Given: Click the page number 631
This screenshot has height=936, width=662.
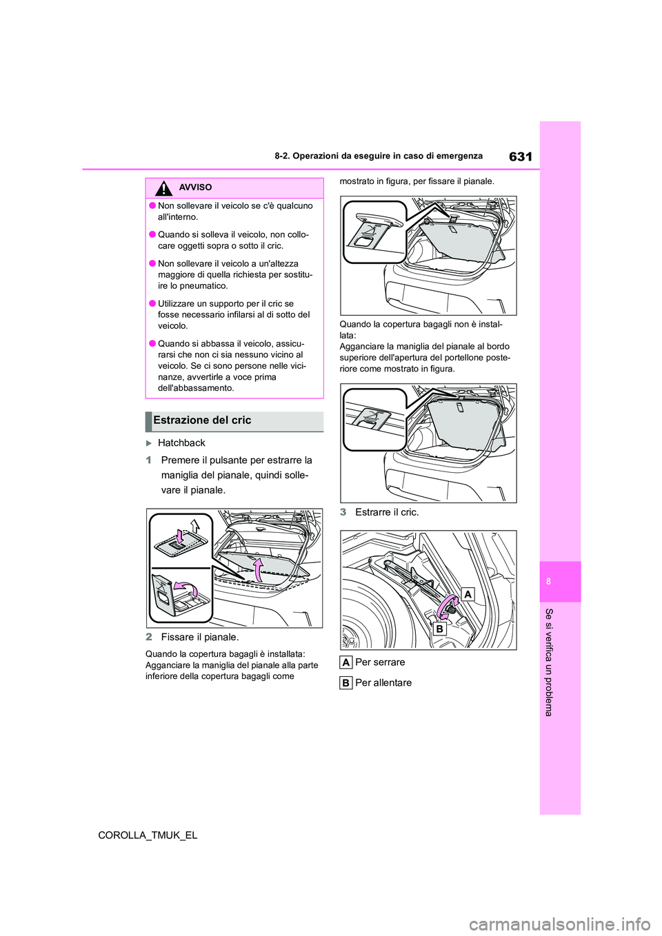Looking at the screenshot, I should pyautogui.click(x=520, y=156).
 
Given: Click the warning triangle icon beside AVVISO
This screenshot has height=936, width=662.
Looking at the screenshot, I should pyautogui.click(x=163, y=187).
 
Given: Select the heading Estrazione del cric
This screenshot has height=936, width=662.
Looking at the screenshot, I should pyautogui.click(x=202, y=420).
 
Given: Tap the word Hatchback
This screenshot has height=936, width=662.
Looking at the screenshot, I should pyautogui.click(x=181, y=443).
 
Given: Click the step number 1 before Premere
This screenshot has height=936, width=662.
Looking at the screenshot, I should pyautogui.click(x=149, y=460).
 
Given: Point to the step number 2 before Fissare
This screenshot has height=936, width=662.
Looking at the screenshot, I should pyautogui.click(x=149, y=638).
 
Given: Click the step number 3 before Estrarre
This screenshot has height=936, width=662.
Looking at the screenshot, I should pyautogui.click(x=343, y=512).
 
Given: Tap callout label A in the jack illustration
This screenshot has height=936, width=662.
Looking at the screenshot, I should pyautogui.click(x=468, y=594).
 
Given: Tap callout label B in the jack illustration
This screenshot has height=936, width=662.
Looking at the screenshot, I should pyautogui.click(x=439, y=629).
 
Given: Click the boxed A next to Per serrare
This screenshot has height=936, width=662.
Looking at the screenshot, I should pyautogui.click(x=346, y=662).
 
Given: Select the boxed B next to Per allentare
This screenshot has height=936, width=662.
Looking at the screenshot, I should pyautogui.click(x=346, y=683).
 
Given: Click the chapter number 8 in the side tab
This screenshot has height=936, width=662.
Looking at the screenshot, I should pyautogui.click(x=548, y=582).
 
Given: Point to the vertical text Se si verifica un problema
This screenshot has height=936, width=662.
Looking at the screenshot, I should pyautogui.click(x=549, y=662).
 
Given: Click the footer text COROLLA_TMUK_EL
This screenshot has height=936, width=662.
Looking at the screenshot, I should pyautogui.click(x=148, y=835).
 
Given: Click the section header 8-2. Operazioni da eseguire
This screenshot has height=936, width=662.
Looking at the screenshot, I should pyautogui.click(x=378, y=156).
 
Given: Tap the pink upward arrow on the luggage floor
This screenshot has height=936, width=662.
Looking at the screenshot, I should pyautogui.click(x=258, y=569).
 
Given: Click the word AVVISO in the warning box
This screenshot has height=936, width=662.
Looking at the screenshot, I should pyautogui.click(x=195, y=187).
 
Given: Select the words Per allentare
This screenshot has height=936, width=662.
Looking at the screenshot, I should pyautogui.click(x=383, y=683).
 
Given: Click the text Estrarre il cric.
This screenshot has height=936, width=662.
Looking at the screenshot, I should pyautogui.click(x=387, y=512).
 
